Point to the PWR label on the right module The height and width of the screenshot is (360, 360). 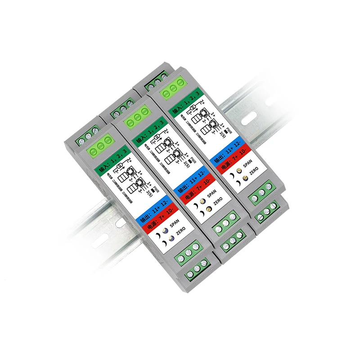point(229,133)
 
